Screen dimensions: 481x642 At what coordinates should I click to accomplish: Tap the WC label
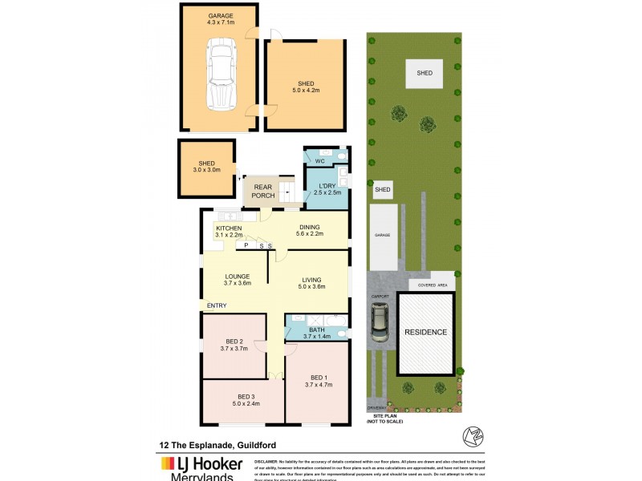(319, 161)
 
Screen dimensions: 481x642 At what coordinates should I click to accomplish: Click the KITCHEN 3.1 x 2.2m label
(229, 232)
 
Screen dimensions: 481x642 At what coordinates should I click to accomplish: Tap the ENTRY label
(217, 305)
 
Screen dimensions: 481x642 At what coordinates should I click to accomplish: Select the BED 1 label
(319, 382)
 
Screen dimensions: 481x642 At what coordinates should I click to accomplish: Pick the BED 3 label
(247, 400)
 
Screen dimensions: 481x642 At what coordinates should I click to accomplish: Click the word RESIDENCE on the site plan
(425, 331)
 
